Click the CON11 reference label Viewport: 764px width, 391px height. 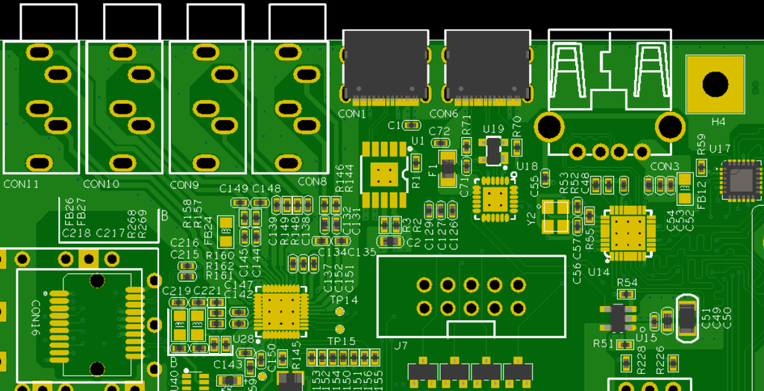[x=21, y=184]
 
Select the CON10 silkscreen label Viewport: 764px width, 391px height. [x=101, y=184]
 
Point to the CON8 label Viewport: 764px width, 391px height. [x=312, y=181]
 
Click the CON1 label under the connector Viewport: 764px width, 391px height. [x=352, y=114]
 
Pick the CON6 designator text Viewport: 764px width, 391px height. [x=444, y=114]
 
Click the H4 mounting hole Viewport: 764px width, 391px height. [x=715, y=84]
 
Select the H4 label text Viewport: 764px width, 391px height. [x=718, y=122]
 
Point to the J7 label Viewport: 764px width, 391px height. [x=401, y=345]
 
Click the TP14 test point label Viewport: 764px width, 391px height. [x=344, y=300]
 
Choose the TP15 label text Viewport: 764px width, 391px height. [x=342, y=341]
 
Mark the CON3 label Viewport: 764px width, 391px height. [x=665, y=166]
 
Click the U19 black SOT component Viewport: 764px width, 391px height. [x=494, y=151]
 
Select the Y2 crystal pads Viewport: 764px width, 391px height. [x=555, y=216]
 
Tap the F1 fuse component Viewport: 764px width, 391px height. [x=447, y=168]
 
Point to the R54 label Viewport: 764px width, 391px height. [x=627, y=283]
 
